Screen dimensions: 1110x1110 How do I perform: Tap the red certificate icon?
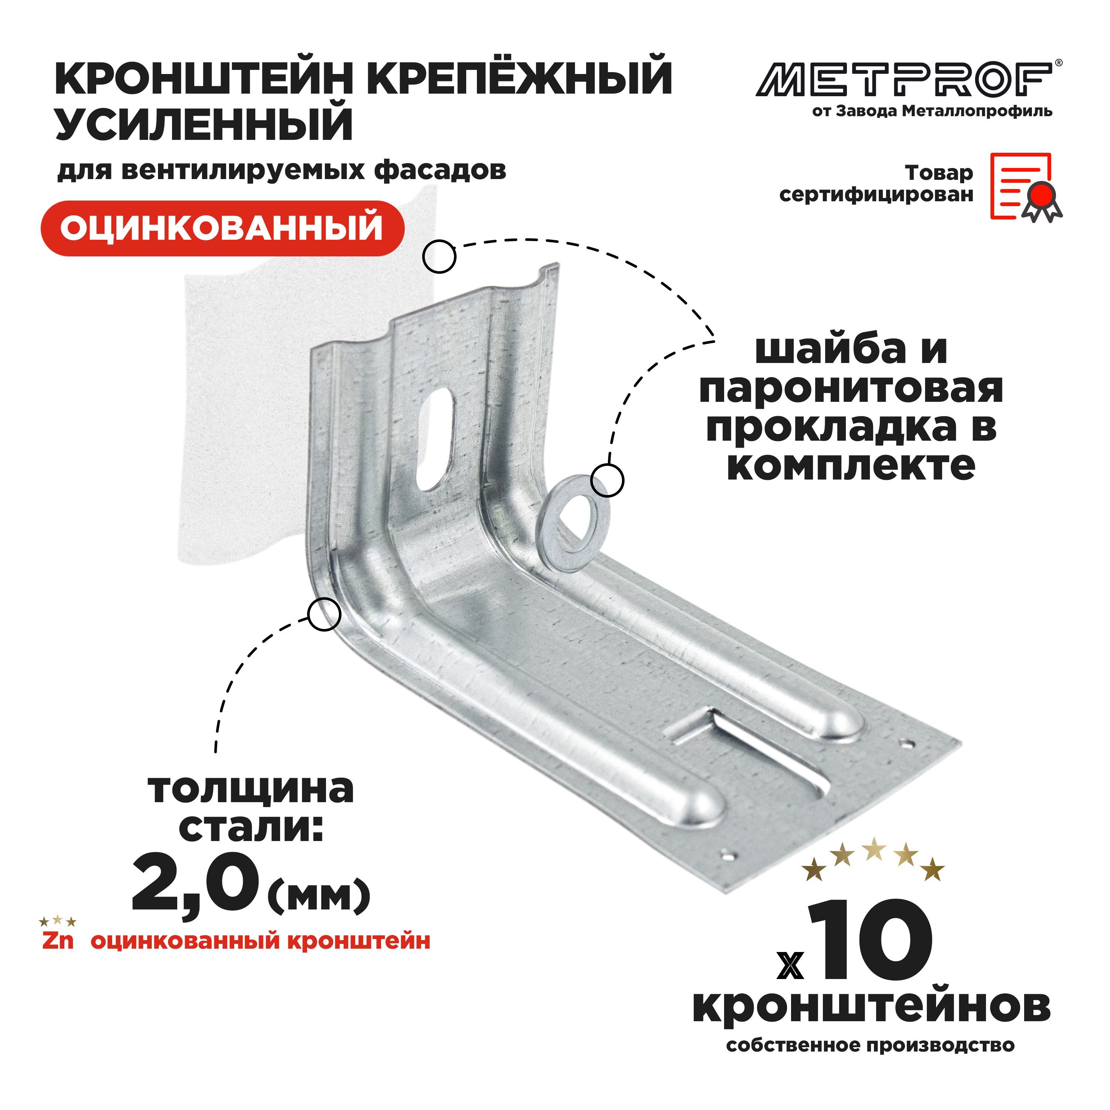pos(1026,187)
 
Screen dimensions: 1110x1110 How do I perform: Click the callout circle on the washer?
pos(607,480)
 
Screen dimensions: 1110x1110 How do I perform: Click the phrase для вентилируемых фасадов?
pos(282,171)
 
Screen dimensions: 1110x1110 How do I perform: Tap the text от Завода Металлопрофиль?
pos(932,111)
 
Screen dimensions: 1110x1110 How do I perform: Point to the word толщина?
pos(251,790)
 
